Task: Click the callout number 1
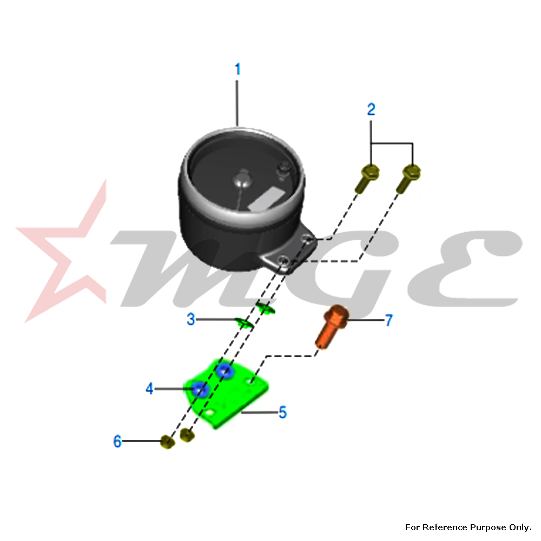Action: [x=237, y=69]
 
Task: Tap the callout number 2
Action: [x=371, y=109]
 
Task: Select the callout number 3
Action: [x=191, y=319]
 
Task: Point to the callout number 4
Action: [x=149, y=388]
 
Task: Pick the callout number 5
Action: [x=282, y=412]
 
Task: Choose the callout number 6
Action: [x=117, y=441]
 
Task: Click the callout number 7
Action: [x=389, y=320]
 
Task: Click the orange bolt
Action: [x=331, y=326]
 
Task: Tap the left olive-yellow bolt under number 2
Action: [x=367, y=179]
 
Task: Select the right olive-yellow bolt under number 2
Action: [x=408, y=179]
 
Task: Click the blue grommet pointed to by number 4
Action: [x=200, y=389]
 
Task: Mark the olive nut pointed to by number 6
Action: [x=167, y=441]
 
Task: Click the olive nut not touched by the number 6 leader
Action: [x=187, y=434]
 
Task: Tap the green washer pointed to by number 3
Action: [x=245, y=324]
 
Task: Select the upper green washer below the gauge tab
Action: [x=266, y=308]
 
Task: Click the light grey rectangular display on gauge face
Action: [x=266, y=199]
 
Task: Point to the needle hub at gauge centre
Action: [x=243, y=178]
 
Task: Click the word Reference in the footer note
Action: [x=445, y=527]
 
